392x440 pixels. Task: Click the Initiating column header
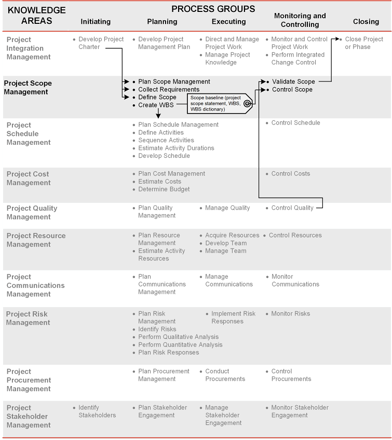click(96, 22)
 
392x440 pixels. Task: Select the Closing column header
click(366, 22)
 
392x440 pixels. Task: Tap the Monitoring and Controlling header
click(300, 20)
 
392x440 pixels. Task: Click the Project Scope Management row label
click(28, 88)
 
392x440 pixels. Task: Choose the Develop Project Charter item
click(101, 43)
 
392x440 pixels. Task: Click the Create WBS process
click(156, 105)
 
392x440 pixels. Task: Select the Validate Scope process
click(293, 81)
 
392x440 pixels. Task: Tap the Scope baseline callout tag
click(219, 103)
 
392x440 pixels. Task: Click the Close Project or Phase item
click(363, 43)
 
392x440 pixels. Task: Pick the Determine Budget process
click(164, 189)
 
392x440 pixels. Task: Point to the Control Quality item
click(292, 208)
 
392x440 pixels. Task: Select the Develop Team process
click(226, 243)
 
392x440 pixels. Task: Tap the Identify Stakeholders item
click(97, 411)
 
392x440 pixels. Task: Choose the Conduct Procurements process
click(225, 375)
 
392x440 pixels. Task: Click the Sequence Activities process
click(166, 140)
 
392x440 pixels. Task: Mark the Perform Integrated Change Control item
click(298, 59)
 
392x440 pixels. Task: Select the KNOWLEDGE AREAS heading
click(36, 16)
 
